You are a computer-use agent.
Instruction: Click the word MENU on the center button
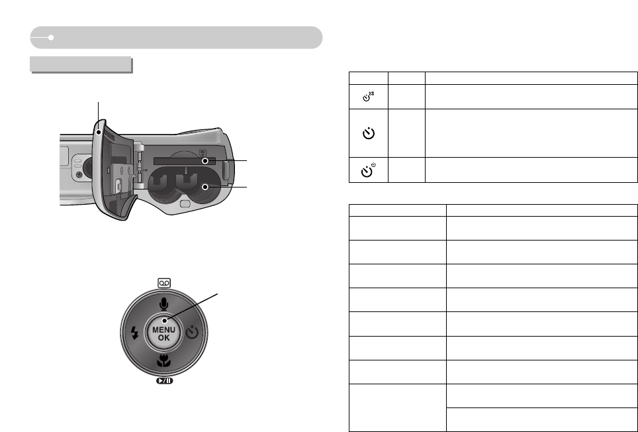pos(164,330)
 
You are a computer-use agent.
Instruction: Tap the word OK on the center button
pos(164,337)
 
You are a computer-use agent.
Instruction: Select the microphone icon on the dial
pos(163,304)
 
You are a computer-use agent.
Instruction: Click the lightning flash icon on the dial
pos(134,333)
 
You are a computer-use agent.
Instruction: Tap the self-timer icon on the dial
pos(193,332)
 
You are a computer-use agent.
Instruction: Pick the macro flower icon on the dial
pos(164,360)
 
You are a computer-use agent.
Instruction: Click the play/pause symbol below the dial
pos(164,381)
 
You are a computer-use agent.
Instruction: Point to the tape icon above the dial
pos(164,283)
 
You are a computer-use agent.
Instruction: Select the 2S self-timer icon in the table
pos(368,97)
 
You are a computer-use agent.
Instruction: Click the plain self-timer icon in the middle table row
pos(369,133)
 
